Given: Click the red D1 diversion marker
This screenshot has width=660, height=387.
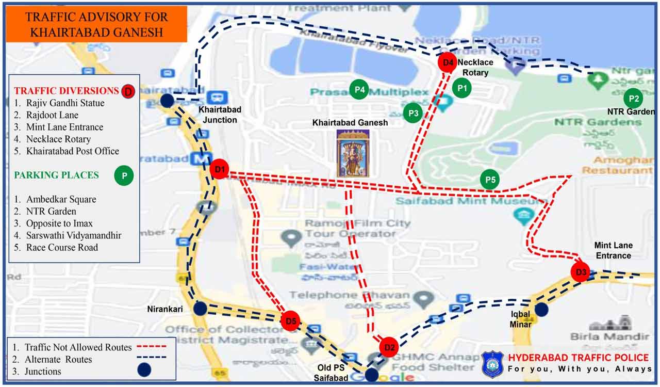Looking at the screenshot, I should [x=220, y=169].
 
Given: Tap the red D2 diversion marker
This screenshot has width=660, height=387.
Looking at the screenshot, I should [x=389, y=347].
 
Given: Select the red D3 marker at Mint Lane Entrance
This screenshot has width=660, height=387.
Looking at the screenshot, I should [x=581, y=272].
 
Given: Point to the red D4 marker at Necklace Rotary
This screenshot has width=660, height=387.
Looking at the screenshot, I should [x=448, y=62].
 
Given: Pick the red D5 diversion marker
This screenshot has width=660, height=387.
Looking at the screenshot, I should [x=291, y=321].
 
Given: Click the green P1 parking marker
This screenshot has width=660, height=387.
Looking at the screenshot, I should [x=462, y=88].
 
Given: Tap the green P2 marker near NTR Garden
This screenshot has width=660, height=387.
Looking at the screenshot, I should [x=633, y=98].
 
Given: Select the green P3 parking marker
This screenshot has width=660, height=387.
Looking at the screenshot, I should [x=412, y=113].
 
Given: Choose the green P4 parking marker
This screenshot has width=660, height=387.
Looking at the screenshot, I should [x=359, y=90].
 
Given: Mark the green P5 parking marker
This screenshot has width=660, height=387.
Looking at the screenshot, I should [x=490, y=179].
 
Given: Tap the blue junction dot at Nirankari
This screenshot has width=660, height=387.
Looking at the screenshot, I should [x=200, y=309].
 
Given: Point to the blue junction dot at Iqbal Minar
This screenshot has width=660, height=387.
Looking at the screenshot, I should [x=541, y=309].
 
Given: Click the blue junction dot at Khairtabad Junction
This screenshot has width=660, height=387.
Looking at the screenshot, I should [x=167, y=101].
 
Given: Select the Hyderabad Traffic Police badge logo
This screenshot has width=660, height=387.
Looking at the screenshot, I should [x=492, y=364].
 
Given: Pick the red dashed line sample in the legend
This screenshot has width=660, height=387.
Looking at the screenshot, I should [x=152, y=347].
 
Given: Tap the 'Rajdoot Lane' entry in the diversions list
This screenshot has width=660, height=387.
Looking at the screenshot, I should [x=52, y=115].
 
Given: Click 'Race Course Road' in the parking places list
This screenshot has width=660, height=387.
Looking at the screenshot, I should [x=62, y=247].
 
